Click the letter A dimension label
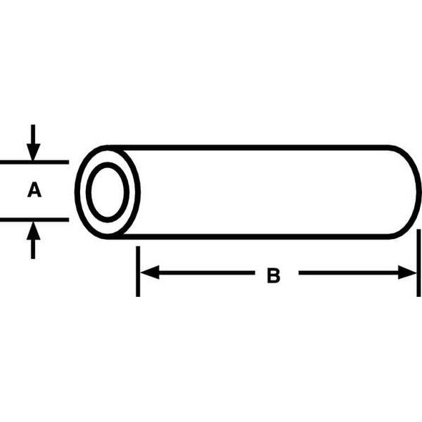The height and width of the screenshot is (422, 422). coord(34,191)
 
